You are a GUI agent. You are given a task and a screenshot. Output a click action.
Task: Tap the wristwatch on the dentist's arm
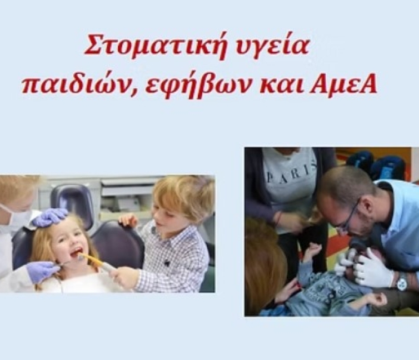point(402,283)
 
